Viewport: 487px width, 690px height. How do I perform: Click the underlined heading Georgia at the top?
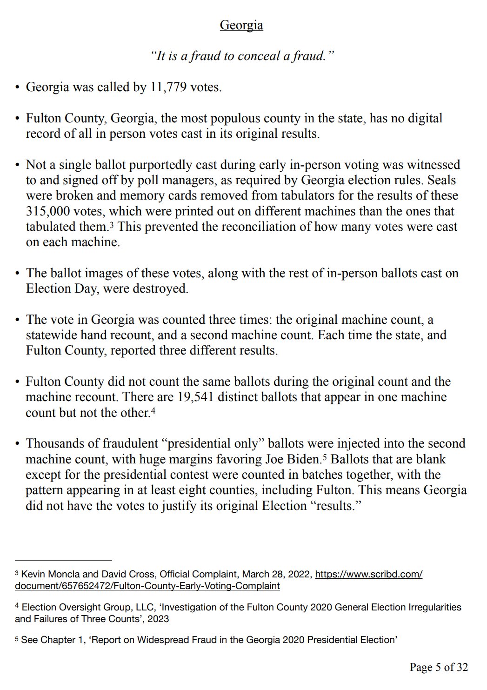241,25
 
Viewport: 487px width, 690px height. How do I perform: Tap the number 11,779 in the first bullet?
167,87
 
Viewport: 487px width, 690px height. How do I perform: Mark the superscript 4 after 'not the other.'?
153,410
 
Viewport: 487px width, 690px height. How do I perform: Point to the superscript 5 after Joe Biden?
324,456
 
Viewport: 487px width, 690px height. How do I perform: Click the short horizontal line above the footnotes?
63,561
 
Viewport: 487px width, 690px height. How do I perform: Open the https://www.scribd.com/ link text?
368,574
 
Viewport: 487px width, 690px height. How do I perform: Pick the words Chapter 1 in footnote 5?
59,640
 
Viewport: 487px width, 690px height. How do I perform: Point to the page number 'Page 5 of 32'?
438,667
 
